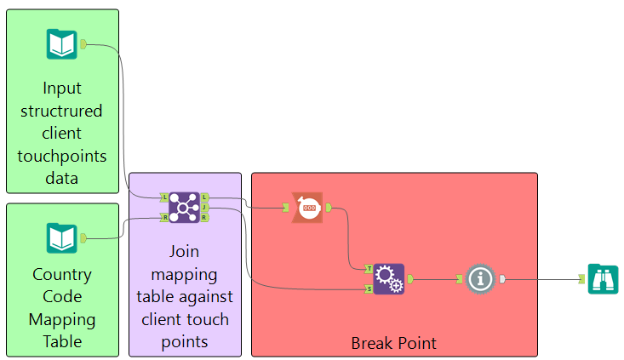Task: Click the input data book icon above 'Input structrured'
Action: click(61, 44)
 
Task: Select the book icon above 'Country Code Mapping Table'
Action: click(61, 238)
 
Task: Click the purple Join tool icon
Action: click(184, 208)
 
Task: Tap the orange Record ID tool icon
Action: click(307, 208)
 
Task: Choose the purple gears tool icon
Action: click(389, 279)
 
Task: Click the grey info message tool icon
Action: click(480, 279)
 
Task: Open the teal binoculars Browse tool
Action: click(604, 279)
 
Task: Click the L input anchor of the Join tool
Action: click(164, 197)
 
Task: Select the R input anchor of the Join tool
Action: click(164, 218)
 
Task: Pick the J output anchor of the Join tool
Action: click(204, 208)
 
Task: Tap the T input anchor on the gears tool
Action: click(369, 269)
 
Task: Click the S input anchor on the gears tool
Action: click(369, 289)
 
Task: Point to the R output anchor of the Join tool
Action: click(204, 218)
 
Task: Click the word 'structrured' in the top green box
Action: click(61, 111)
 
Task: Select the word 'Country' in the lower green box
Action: click(62, 275)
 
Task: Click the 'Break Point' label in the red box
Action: click(393, 343)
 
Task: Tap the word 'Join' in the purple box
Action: click(184, 251)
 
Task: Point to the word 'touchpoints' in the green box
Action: click(62, 157)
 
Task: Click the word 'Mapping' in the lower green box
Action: click(62, 320)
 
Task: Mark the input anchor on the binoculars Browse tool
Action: click(582, 279)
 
